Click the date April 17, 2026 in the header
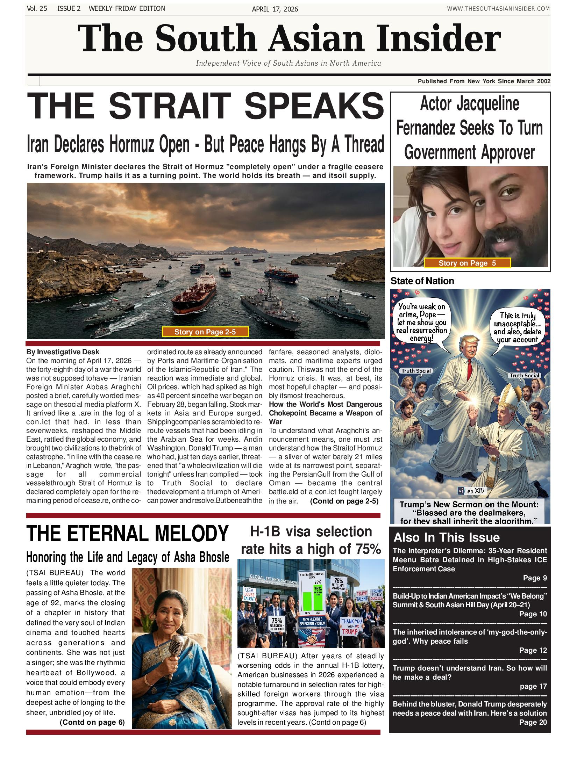[x=275, y=9]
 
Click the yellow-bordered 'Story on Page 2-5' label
[x=205, y=332]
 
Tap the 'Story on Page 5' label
[x=467, y=263]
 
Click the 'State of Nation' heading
[x=422, y=281]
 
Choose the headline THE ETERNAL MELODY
[x=127, y=534]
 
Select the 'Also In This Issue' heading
[x=447, y=537]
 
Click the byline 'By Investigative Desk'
[x=63, y=352]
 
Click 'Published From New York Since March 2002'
[x=484, y=81]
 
